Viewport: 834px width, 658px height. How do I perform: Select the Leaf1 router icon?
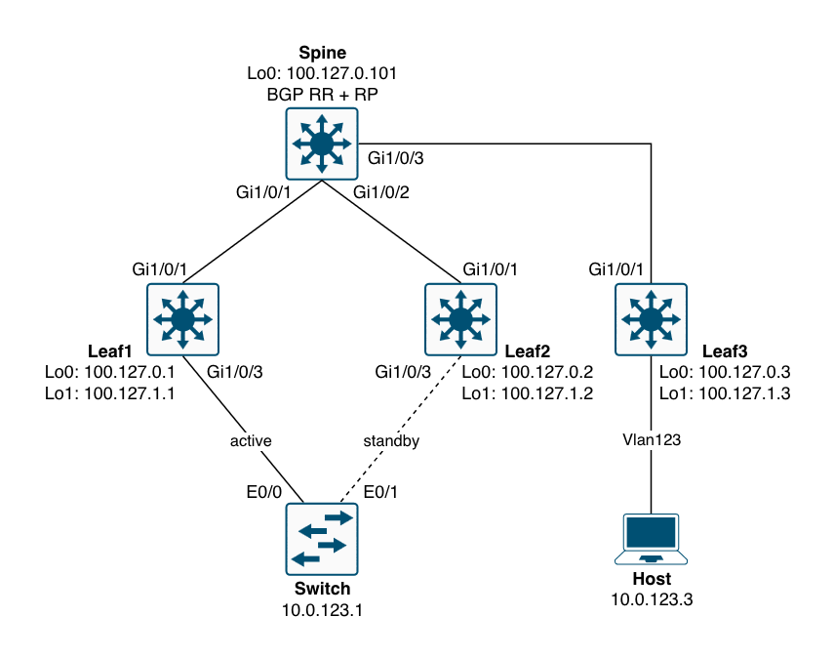click(182, 318)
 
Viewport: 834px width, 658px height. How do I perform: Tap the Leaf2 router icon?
click(460, 318)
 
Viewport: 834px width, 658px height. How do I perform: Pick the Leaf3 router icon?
click(651, 318)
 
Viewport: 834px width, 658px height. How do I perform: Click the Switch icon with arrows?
click(322, 538)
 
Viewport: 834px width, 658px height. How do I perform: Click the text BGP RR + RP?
click(322, 95)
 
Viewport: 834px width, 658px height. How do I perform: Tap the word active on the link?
click(250, 440)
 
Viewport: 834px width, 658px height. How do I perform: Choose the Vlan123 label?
click(651, 440)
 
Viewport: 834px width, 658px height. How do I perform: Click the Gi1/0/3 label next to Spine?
click(396, 157)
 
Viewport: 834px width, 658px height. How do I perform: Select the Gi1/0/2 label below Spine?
click(382, 192)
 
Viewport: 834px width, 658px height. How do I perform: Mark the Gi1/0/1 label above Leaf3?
click(618, 268)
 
